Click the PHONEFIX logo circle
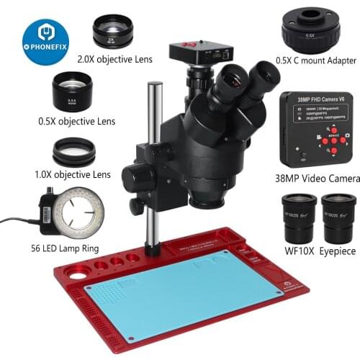pos(45,41)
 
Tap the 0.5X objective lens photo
pos(71,92)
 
